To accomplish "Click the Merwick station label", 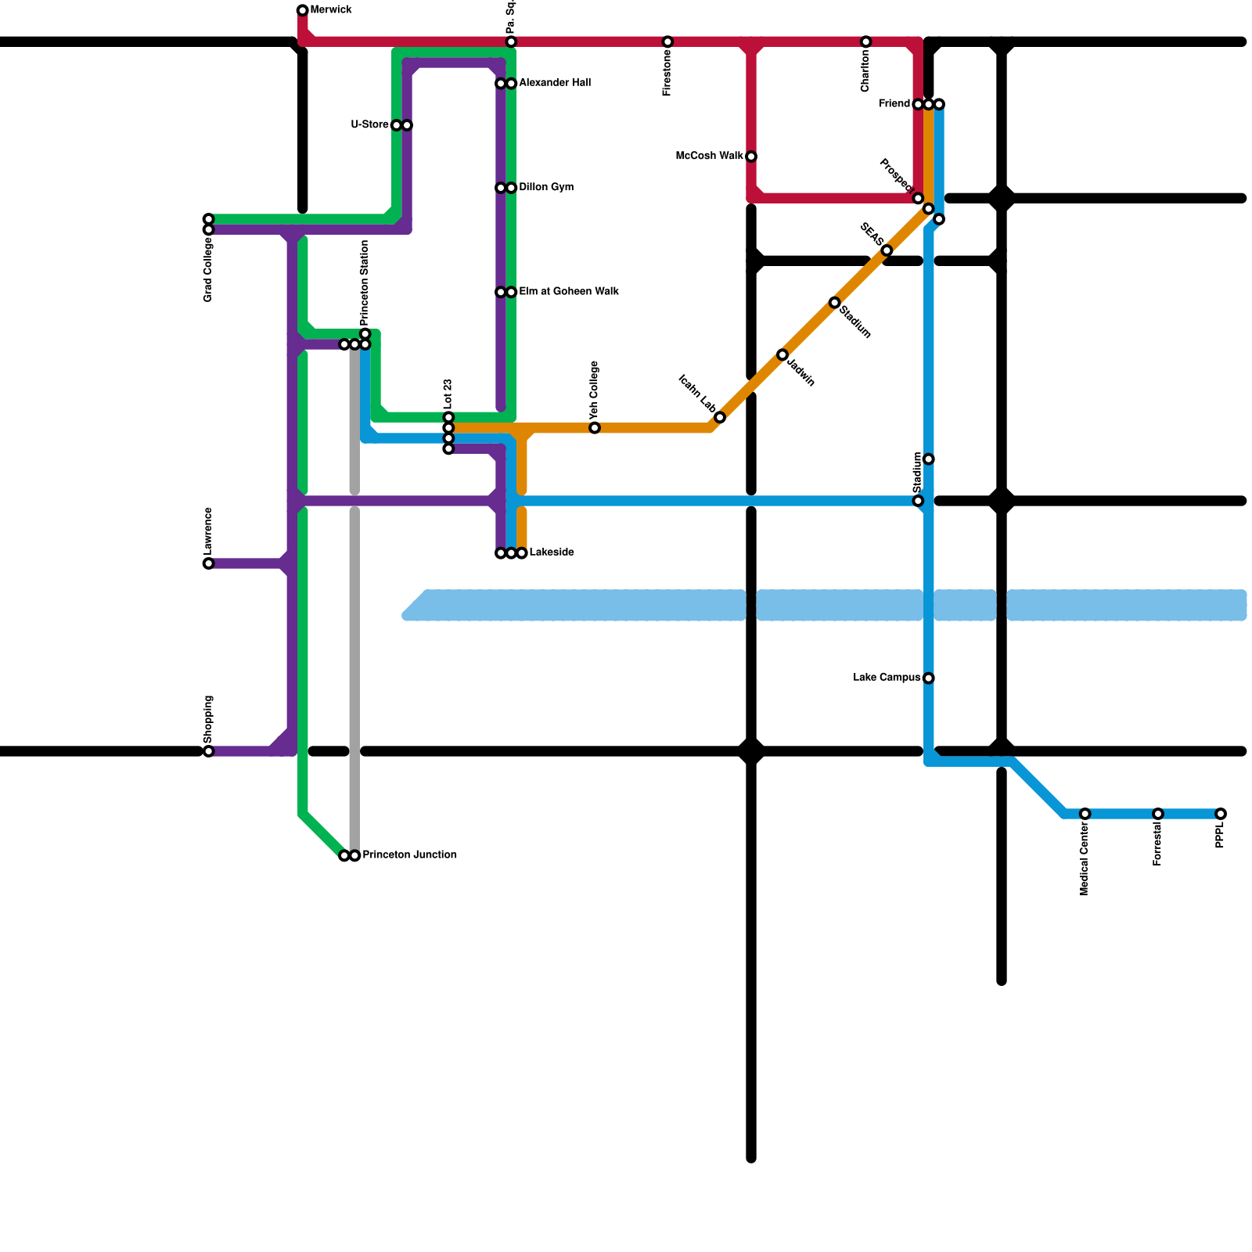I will [x=330, y=10].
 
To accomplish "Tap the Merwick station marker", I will [x=302, y=10].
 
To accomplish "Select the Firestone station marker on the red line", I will [x=667, y=41].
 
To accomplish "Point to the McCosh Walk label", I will [x=709, y=156].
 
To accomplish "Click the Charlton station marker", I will [x=865, y=41].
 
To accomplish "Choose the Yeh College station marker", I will [x=595, y=428].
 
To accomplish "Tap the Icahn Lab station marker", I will [x=720, y=418].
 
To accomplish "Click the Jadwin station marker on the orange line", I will [x=782, y=355].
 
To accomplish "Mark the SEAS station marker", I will [x=887, y=250].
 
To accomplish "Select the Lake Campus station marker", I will [x=928, y=678].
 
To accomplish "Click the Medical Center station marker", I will [x=1085, y=814].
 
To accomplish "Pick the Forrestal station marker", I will [x=1158, y=814].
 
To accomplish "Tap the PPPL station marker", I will [x=1221, y=814].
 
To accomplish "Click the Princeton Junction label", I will [x=409, y=855].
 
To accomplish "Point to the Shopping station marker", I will [x=208, y=751].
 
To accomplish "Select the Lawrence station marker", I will [x=208, y=563].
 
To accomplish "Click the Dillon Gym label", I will [x=546, y=188].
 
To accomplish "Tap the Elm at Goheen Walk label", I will [x=569, y=292].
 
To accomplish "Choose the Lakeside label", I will [x=552, y=552].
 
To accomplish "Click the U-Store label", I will [x=369, y=125].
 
